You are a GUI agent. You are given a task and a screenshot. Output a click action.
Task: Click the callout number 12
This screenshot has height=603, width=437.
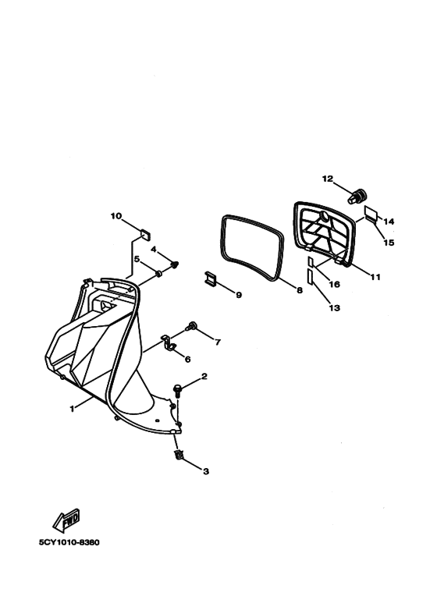[x=328, y=179]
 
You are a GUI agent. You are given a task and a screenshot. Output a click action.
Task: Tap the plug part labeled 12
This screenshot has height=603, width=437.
[x=357, y=197]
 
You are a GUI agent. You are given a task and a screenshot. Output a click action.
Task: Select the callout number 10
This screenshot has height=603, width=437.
[x=115, y=216]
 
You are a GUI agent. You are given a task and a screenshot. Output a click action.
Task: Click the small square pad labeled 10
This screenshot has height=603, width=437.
[x=145, y=234]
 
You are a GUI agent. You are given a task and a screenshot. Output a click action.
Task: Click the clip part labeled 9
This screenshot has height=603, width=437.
[x=211, y=278]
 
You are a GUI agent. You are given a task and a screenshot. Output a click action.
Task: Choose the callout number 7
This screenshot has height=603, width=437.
[x=218, y=342]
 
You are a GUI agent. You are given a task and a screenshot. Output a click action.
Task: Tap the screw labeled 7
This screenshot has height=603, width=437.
[x=191, y=327]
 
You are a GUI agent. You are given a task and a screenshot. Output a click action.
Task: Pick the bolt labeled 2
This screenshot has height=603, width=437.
[x=178, y=391]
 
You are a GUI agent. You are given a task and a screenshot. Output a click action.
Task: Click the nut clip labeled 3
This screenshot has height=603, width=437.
[x=178, y=456]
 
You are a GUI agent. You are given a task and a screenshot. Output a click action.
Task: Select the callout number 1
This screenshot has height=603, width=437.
[x=72, y=409]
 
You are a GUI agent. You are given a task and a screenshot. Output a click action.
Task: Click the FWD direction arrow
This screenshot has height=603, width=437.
[x=66, y=520]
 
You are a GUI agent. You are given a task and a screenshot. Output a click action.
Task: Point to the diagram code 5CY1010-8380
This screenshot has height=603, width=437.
[x=69, y=543]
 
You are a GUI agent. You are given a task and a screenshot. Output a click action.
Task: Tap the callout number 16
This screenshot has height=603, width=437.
[x=334, y=284]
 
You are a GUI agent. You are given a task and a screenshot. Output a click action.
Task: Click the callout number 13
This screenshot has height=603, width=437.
[x=334, y=308]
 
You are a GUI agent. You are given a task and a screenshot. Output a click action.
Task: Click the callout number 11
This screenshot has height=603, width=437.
[x=375, y=277]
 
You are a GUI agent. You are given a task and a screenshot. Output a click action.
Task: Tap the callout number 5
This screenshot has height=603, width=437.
[x=137, y=259]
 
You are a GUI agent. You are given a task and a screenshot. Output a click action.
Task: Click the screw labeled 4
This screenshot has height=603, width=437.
[x=175, y=264]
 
